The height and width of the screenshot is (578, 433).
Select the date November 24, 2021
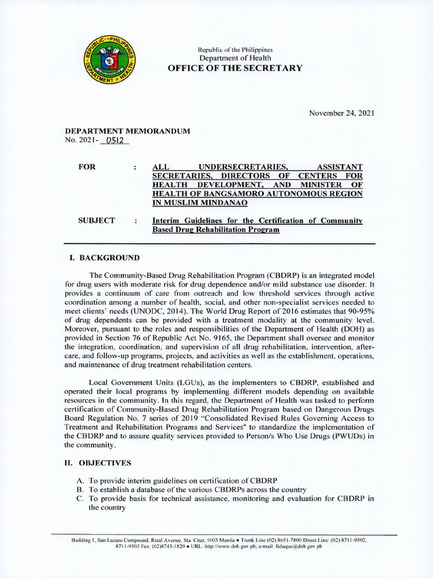342,113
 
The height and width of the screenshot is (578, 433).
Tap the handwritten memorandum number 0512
114,141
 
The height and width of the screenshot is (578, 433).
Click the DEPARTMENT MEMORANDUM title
129,131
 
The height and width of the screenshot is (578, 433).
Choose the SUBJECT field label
96,220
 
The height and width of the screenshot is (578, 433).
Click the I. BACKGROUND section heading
104,257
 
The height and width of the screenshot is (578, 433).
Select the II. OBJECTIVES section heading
100,463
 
